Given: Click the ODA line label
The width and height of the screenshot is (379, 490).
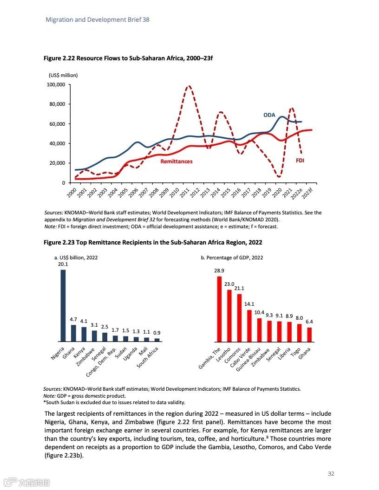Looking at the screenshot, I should click(269, 115).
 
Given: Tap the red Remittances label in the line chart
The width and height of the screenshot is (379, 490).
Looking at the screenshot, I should click(176, 161).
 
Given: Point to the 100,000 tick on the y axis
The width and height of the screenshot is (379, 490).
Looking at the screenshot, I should click(56, 84).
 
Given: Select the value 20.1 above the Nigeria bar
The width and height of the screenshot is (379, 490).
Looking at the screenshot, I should click(63, 264).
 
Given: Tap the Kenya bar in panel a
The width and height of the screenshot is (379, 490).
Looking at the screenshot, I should click(84, 334).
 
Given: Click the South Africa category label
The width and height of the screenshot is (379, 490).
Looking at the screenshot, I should click(148, 358).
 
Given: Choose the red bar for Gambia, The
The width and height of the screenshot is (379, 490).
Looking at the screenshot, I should click(219, 309).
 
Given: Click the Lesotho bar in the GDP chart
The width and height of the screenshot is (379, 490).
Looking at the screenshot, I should click(229, 316).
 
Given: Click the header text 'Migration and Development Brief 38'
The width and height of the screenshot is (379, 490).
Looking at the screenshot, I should click(98, 20).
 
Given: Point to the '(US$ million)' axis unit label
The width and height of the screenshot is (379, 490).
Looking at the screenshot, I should click(63, 75).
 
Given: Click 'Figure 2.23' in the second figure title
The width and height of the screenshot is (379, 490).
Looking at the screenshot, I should click(59, 242).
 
